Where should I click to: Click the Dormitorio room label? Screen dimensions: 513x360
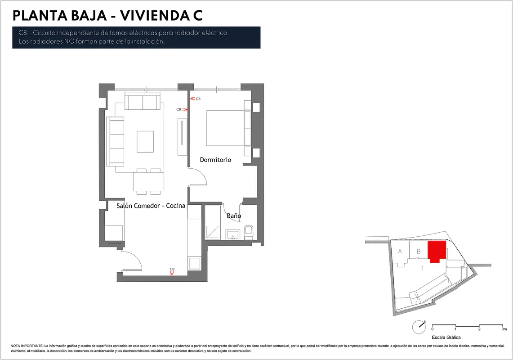[215, 160]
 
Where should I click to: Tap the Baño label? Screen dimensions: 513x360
[234, 216]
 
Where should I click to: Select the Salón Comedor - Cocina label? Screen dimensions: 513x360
[151, 206]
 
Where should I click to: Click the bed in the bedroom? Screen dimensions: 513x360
[225, 128]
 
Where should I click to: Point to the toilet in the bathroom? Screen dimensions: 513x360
[248, 230]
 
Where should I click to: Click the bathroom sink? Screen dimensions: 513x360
[232, 234]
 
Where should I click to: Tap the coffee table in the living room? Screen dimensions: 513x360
[145, 141]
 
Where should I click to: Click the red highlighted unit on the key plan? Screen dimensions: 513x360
[437, 251]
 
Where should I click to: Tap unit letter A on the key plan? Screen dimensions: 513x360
[400, 252]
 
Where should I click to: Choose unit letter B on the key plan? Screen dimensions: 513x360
[419, 252]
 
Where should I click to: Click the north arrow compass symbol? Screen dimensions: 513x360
[419, 327]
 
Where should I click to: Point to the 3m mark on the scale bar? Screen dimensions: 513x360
[504, 329]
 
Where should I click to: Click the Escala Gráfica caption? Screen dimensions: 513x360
[446, 337]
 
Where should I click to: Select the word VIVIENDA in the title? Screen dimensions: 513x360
[152, 16]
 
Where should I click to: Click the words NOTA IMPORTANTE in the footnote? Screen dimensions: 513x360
[27, 346]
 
